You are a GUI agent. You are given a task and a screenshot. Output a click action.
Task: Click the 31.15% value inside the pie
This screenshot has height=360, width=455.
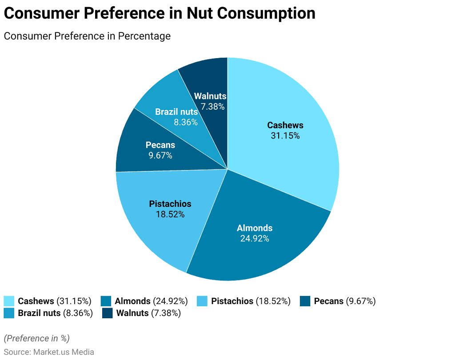point(285,136)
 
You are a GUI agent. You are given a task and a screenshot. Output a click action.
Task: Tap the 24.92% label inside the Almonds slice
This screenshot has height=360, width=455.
point(255,238)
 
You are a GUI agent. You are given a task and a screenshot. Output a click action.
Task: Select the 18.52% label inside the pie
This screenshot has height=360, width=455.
point(170,214)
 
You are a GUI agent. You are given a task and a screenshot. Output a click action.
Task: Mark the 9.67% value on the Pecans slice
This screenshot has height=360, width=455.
point(160,155)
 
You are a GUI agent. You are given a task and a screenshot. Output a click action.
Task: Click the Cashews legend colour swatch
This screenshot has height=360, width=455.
point(9,301)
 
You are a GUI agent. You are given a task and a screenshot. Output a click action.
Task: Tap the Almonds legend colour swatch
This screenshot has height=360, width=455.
point(106,301)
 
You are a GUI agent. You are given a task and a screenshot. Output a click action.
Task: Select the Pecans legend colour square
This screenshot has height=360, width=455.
point(305,301)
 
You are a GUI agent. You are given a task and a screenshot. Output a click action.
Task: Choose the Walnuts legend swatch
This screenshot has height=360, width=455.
point(107,313)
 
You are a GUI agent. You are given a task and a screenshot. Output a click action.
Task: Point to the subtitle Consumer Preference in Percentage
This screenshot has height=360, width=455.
point(87,36)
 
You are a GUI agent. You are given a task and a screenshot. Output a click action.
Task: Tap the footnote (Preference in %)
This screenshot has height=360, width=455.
point(36,338)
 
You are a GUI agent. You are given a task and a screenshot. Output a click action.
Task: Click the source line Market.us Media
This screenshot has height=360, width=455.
point(49,352)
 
